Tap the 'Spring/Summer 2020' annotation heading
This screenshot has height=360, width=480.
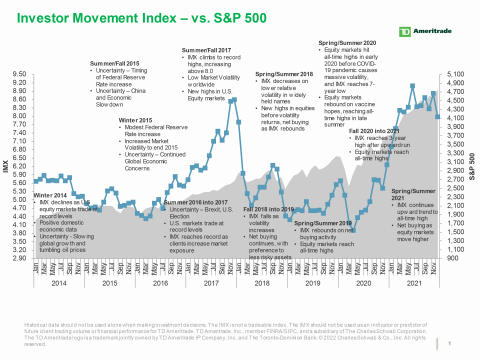coord(348,44)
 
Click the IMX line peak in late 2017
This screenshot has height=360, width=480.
coord(234,99)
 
